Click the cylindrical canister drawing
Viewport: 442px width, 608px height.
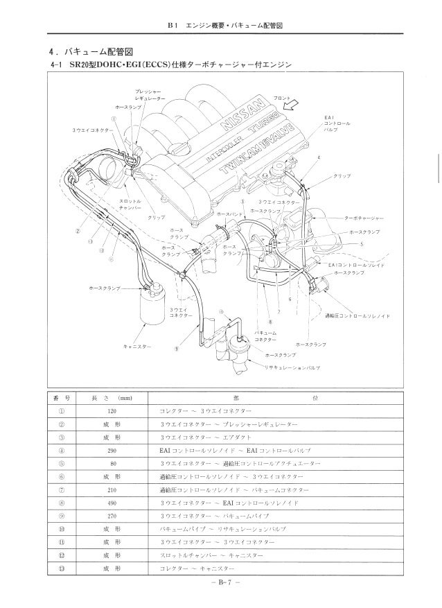149,307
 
